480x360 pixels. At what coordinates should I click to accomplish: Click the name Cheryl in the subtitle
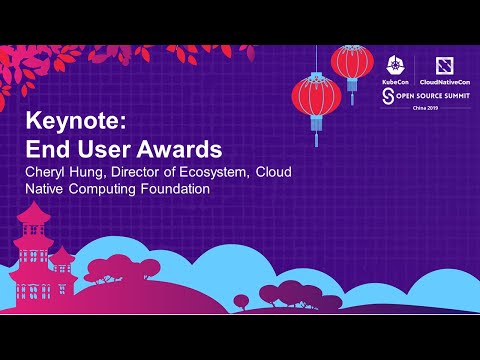(47, 173)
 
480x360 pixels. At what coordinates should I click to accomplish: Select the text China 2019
(413, 110)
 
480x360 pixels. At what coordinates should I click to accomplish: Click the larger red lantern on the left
(316, 97)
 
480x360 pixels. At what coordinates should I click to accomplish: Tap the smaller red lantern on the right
(352, 62)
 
